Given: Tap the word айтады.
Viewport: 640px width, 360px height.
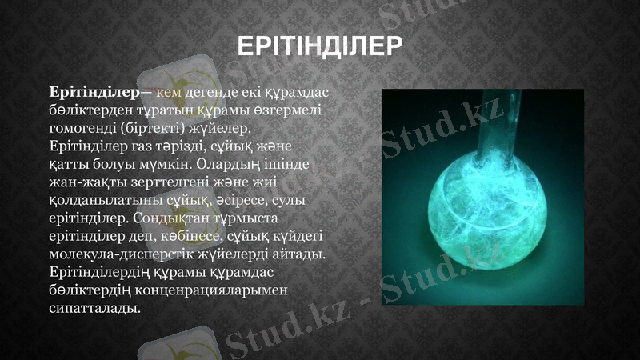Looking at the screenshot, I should point(302,254).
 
